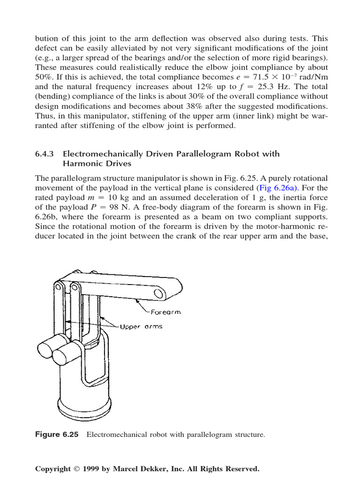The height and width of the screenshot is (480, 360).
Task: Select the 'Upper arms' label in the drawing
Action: (141, 326)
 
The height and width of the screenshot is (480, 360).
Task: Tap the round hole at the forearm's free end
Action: (160, 293)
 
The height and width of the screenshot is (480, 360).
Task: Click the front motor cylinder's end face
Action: (60, 356)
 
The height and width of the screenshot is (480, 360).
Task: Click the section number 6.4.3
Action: (45, 154)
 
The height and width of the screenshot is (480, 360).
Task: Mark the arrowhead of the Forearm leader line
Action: (135, 298)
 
